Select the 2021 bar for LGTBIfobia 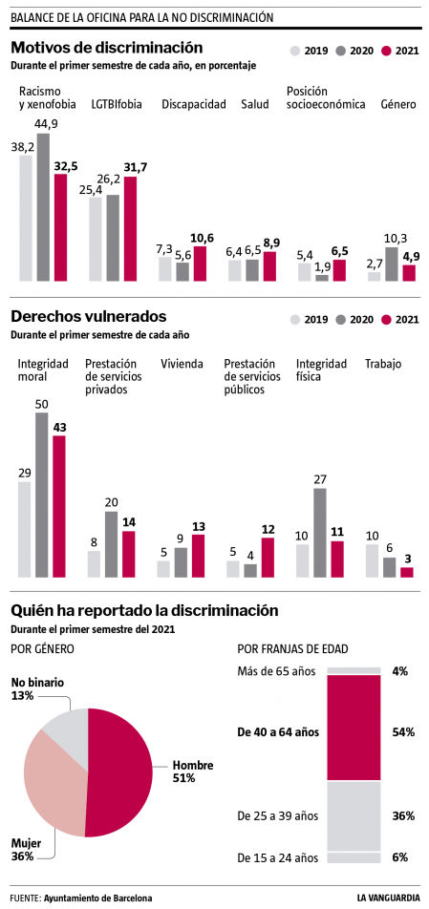pyautogui.click(x=130, y=229)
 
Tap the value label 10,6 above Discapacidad pyautogui.click(x=200, y=238)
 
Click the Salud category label pyautogui.click(x=254, y=104)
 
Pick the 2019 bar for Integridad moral pyautogui.click(x=25, y=529)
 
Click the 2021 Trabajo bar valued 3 pyautogui.click(x=407, y=572)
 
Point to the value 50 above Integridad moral pyautogui.click(x=42, y=405)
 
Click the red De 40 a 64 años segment pyautogui.click(x=354, y=729)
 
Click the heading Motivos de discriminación pyautogui.click(x=107, y=47)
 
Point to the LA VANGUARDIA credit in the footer pyautogui.click(x=388, y=898)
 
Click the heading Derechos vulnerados pyautogui.click(x=89, y=316)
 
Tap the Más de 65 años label pyautogui.click(x=276, y=671)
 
